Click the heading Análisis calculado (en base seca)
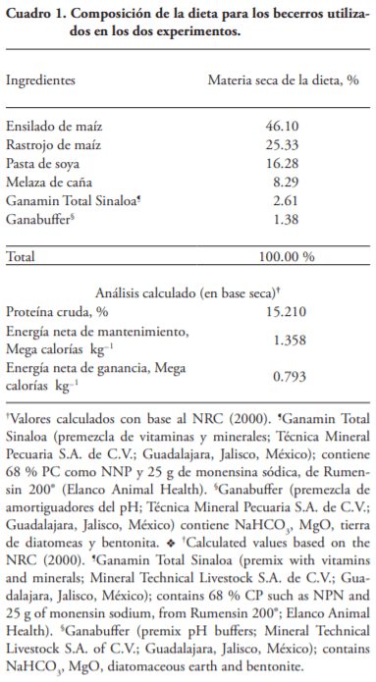188,291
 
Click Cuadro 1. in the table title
35,13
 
